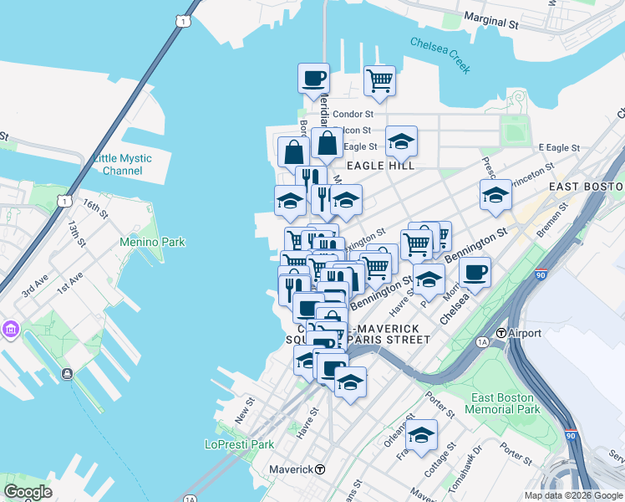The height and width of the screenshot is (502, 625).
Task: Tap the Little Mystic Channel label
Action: point(123,164)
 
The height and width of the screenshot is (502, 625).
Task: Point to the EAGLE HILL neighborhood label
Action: point(381,166)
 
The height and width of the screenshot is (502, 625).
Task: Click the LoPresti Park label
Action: point(240,444)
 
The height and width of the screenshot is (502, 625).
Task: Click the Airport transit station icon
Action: point(501,333)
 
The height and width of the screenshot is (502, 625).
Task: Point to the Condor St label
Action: point(352,114)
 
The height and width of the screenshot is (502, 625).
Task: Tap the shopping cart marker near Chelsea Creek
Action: point(379,81)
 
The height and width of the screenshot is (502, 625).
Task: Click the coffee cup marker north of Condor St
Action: point(313,79)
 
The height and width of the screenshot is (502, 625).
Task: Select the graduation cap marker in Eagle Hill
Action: point(401,141)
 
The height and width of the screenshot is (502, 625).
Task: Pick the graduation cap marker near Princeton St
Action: point(495,195)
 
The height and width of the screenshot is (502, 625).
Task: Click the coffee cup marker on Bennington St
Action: point(475,272)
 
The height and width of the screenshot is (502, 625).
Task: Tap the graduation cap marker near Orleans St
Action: point(421,435)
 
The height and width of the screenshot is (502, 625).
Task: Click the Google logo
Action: point(28,491)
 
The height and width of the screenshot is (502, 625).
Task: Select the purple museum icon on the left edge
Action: point(10,329)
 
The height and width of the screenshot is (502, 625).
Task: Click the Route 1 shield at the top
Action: point(181,19)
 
